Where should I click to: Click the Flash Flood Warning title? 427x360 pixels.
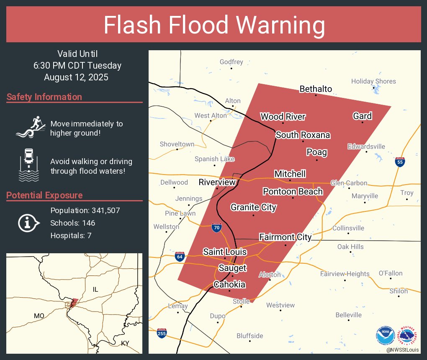pyautogui.click(x=214, y=25)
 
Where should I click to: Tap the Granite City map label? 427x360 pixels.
pyautogui.click(x=253, y=207)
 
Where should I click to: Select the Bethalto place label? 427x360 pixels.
pyautogui.click(x=316, y=89)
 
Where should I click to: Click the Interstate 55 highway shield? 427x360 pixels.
pyautogui.click(x=400, y=162)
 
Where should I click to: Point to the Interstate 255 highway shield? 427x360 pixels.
pyautogui.click(x=162, y=333)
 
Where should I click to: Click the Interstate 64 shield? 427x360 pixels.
pyautogui.click(x=180, y=256)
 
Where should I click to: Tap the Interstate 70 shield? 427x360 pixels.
pyautogui.click(x=216, y=227)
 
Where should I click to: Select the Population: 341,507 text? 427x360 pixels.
pyautogui.click(x=85, y=210)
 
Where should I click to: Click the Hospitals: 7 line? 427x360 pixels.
pyautogui.click(x=71, y=236)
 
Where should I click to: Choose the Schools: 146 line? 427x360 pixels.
pyautogui.click(x=73, y=223)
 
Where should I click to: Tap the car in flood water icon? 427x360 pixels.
pyautogui.click(x=29, y=165)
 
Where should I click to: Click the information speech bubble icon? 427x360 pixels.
pyautogui.click(x=28, y=223)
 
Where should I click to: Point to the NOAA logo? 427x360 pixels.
pyautogui.click(x=385, y=336)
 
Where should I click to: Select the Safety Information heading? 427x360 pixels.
pyautogui.click(x=44, y=97)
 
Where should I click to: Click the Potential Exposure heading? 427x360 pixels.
pyautogui.click(x=44, y=195)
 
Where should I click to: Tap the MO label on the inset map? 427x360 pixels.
pyautogui.click(x=39, y=315)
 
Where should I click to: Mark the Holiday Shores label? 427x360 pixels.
pyautogui.click(x=373, y=81)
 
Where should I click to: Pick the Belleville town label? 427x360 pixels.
pyautogui.click(x=348, y=315)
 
